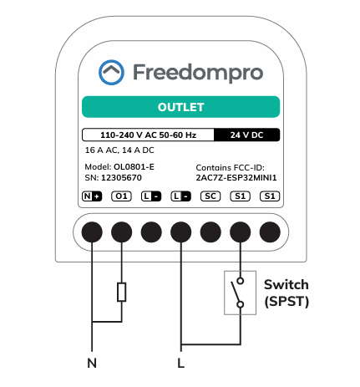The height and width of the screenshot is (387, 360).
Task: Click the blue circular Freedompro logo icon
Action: pos(111,72)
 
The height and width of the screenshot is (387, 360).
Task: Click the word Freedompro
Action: pos(198,73)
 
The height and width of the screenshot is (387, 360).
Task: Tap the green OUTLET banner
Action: pos(180,107)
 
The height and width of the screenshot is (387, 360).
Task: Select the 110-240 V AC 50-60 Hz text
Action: pos(148,135)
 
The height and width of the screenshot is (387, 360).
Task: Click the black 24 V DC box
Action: pos(246,135)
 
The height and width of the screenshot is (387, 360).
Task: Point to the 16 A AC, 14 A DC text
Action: pos(119,150)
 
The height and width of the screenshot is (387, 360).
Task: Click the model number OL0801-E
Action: pos(134,167)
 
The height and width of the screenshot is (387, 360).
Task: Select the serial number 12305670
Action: pos(121,178)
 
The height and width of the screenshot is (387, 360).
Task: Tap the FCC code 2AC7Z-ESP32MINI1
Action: pos(236,178)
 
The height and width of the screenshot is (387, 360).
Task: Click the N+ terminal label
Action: pos(92,196)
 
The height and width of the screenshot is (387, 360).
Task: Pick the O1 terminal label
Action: pos(121,196)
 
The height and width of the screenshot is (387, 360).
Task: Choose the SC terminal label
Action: pos(210,196)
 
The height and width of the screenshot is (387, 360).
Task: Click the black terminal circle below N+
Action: pos(92,232)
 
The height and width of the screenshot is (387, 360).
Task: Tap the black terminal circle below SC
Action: pos(210,232)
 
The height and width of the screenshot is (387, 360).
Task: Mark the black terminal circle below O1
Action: pos(122,232)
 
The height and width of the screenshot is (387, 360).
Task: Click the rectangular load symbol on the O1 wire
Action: pos(122,292)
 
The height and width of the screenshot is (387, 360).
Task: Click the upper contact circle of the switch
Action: pos(241,281)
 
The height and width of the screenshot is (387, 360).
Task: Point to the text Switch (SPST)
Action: pos(286,293)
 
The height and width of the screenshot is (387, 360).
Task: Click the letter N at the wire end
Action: pos(92,364)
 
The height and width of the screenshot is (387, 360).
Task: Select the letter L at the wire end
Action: pos(181,364)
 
